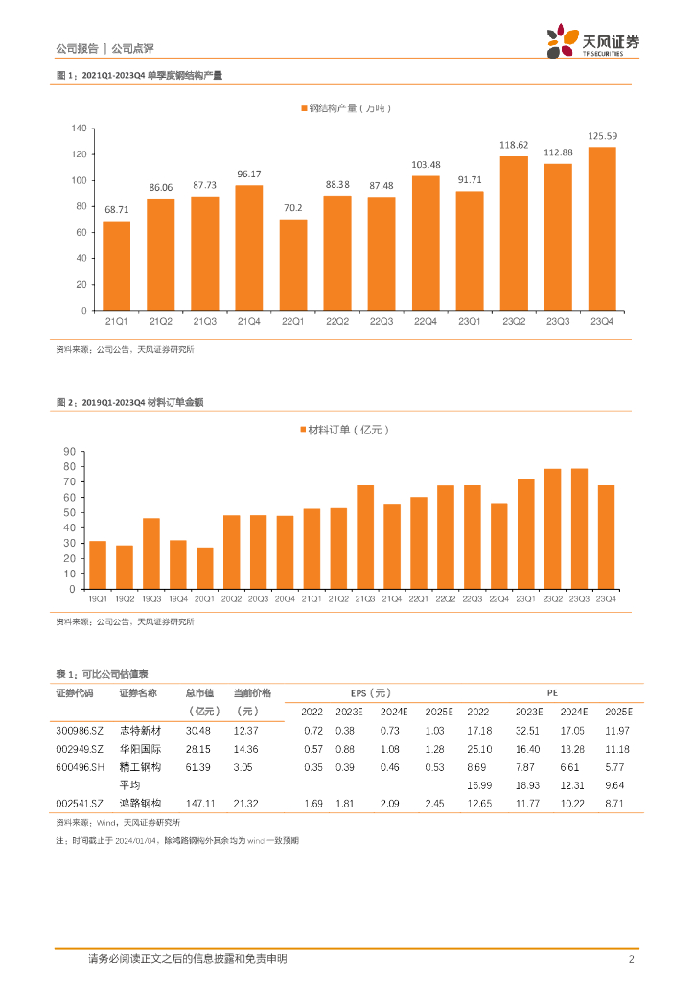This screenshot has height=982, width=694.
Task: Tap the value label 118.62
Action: [x=514, y=146]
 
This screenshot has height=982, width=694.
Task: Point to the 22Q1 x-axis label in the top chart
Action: [x=293, y=322]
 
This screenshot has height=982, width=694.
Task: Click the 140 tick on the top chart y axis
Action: [x=79, y=129]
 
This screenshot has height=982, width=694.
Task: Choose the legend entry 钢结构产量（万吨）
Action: [x=350, y=108]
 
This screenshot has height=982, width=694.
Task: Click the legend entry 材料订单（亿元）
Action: [x=350, y=431]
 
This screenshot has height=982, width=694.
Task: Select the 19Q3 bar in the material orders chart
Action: [x=151, y=553]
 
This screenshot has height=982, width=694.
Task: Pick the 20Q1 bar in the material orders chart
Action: [x=205, y=568]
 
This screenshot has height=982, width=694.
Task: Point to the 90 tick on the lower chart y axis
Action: [x=69, y=452]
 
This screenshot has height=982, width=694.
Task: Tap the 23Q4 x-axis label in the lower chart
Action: [x=605, y=598]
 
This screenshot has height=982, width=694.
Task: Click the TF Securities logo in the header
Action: [x=593, y=41]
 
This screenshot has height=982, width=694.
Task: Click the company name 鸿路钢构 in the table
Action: [x=140, y=803]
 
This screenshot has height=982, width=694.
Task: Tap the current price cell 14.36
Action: [x=246, y=749]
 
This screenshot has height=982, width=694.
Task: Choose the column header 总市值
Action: [x=202, y=692]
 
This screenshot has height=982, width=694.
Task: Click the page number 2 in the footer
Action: [x=631, y=959]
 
